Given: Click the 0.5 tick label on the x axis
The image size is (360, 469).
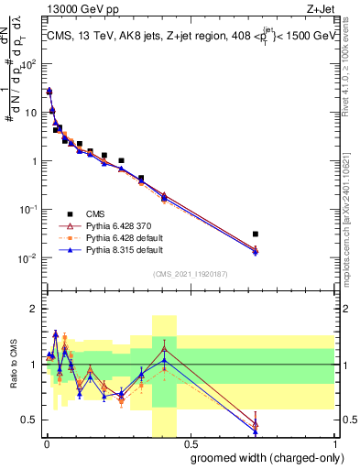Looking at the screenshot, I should click(x=189, y=444).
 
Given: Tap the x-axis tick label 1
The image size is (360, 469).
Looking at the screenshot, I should click(x=333, y=444).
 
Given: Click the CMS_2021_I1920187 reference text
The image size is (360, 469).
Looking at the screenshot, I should click(x=189, y=274).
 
